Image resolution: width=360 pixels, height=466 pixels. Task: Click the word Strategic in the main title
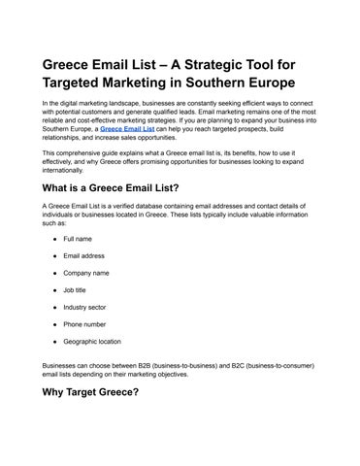(x=226, y=64)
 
